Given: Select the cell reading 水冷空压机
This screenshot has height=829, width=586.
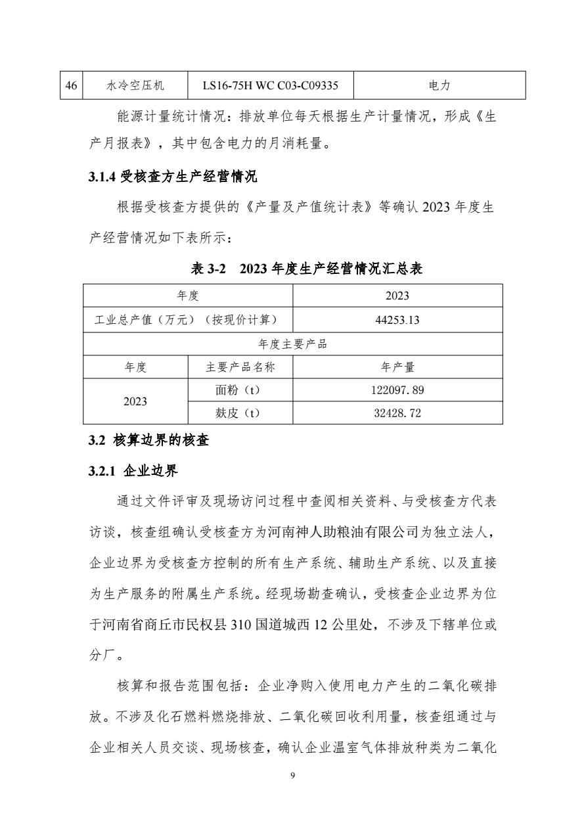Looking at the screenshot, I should coord(135,85).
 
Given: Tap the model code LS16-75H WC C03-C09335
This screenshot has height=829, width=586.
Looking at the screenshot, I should coord(270,85).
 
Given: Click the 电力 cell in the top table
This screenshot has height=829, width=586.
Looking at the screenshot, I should coord(439,85).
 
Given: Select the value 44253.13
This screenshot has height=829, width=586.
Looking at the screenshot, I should coord(397,320).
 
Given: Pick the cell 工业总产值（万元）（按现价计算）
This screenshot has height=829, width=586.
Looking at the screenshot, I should coord(187,320).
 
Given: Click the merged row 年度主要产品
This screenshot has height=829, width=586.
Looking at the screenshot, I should coord(292,344).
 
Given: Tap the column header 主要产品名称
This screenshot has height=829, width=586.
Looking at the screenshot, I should coord(240,367).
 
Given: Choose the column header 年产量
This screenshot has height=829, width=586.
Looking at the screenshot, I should coord(397,367).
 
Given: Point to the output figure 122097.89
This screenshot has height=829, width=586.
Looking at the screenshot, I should coord(397,390).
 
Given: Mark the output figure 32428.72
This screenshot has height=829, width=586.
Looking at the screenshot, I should coord(397,413).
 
